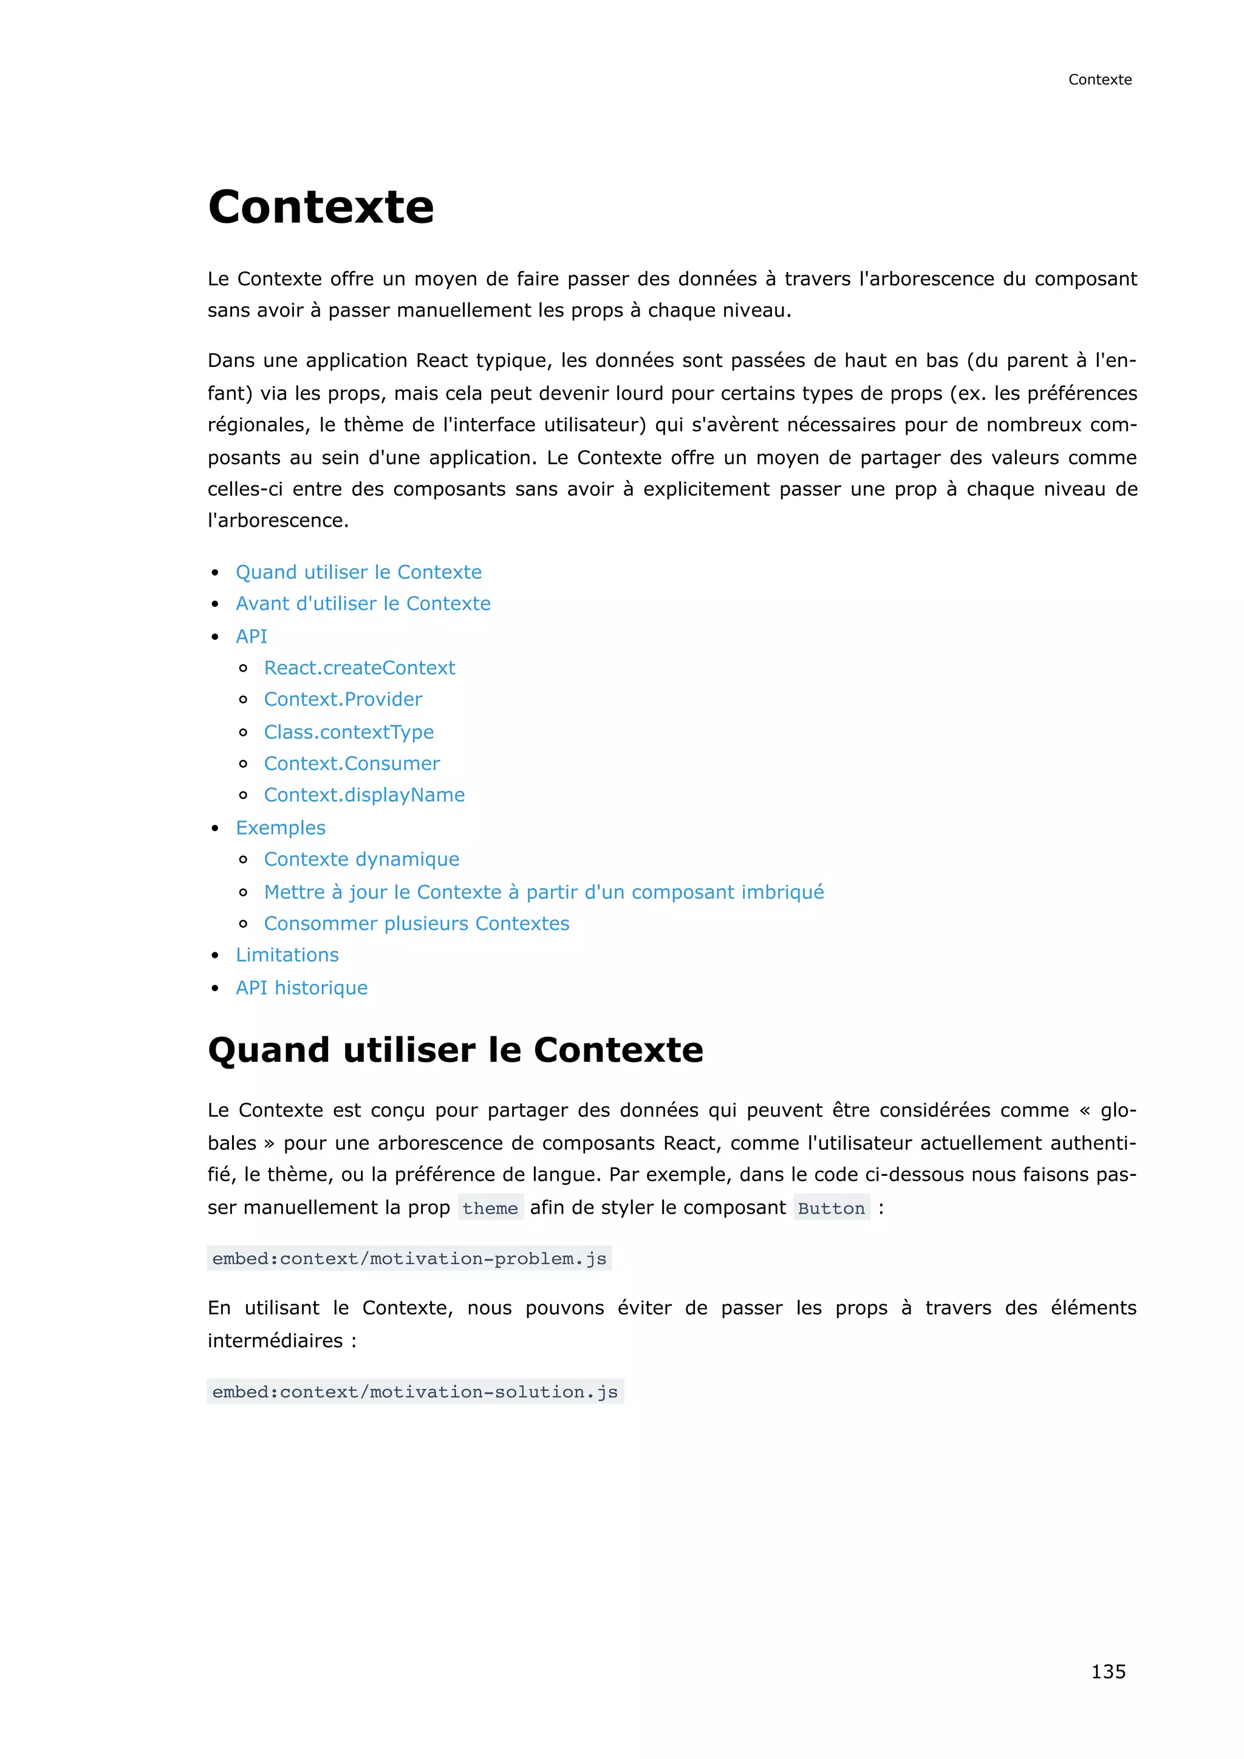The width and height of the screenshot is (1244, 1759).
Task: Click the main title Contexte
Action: (x=321, y=207)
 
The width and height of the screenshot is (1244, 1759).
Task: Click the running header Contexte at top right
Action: (x=1099, y=80)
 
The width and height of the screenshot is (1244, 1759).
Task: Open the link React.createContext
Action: (x=359, y=668)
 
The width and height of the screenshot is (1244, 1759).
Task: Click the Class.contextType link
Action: (x=349, y=732)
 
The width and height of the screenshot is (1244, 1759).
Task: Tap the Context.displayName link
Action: (x=364, y=794)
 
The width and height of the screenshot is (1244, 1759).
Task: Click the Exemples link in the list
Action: (x=281, y=827)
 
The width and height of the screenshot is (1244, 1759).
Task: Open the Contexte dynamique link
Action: (x=361, y=859)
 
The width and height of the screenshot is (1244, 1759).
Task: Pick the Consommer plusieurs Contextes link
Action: (x=417, y=923)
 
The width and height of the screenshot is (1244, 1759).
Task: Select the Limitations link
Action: (x=287, y=955)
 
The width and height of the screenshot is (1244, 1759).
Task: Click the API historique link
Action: (x=301, y=988)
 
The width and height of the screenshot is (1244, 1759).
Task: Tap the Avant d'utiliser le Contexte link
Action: (x=363, y=604)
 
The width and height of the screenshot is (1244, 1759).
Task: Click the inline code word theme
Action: (x=490, y=1208)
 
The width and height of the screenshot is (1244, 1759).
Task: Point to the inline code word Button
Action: (x=831, y=1208)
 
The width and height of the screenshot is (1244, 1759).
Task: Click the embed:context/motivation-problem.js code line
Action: (x=409, y=1258)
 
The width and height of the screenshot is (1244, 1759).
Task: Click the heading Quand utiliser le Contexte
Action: (x=455, y=1050)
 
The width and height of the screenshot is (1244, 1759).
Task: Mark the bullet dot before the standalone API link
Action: (x=215, y=637)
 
